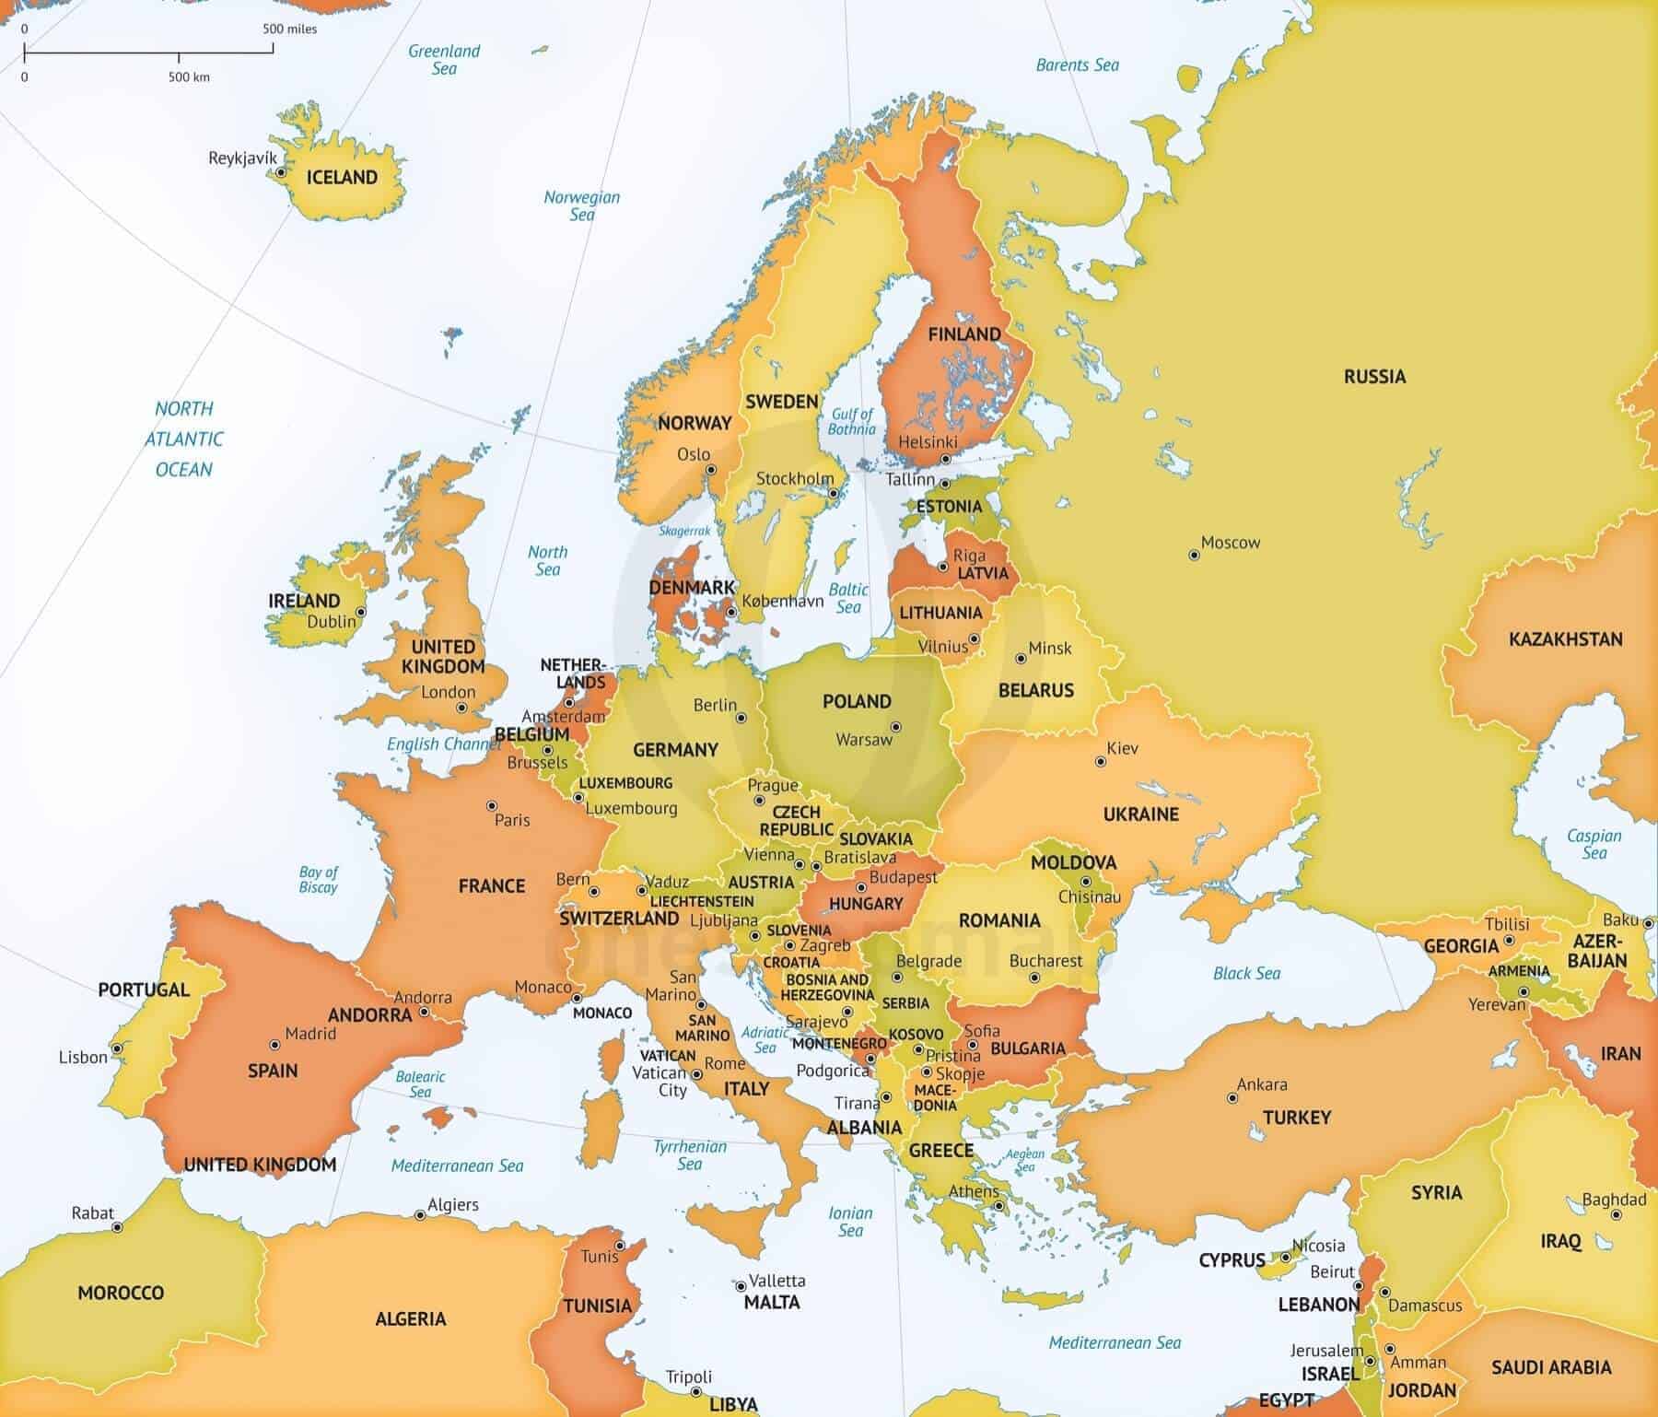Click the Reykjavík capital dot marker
coord(280,172)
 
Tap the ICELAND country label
coord(342,178)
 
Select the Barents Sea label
coord(1077,65)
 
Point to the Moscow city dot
coord(1194,555)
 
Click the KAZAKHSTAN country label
coord(1565,639)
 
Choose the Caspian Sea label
coord(1594,844)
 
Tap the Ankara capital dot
coord(1232,1098)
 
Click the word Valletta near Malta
coord(776,1281)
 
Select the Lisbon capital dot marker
coord(117,1048)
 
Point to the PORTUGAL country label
coord(144,990)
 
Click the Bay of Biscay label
coord(319,879)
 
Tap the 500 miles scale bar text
coord(289,29)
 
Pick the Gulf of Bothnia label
coord(852,421)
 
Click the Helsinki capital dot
coord(945,458)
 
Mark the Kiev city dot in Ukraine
coord(1100,762)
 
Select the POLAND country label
coord(857,702)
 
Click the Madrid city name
coord(310,1034)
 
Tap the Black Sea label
coord(1246,974)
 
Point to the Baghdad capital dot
coord(1616,1215)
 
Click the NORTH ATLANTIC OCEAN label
coord(184,439)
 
